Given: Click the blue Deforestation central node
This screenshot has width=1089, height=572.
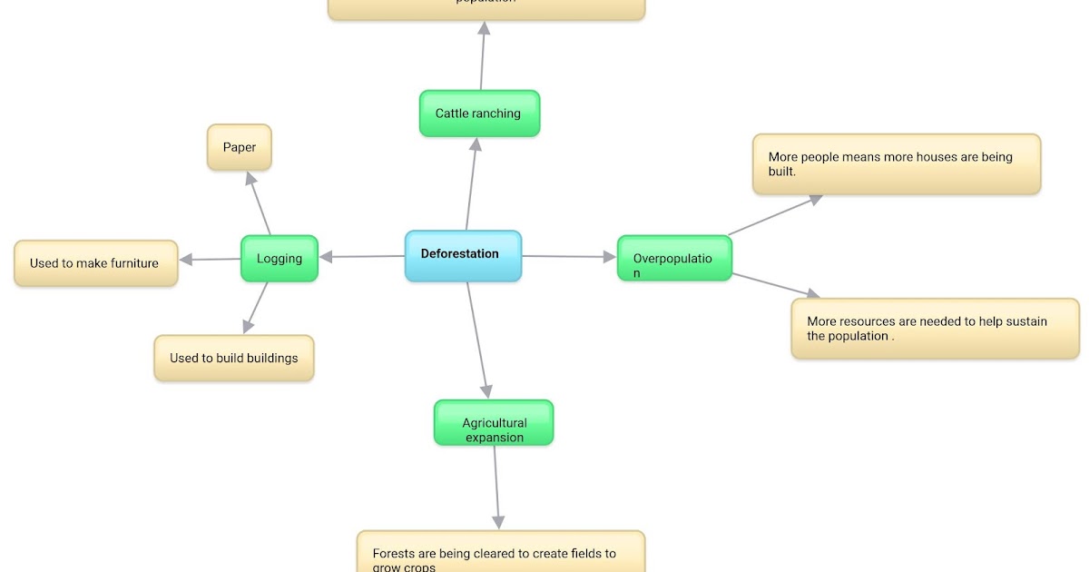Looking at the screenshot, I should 463,255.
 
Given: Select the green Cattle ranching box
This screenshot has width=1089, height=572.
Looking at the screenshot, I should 479,113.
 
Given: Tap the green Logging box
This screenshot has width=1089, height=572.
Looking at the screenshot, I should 279,259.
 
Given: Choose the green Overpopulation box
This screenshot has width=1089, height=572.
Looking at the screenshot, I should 673,259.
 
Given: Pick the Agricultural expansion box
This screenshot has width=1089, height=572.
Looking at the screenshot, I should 494,423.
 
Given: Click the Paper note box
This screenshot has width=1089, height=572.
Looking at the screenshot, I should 240,147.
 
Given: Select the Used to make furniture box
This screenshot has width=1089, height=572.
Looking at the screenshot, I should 95,263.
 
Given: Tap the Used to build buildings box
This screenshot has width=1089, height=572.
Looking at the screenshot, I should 233,358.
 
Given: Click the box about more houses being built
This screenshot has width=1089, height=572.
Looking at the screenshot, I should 896,163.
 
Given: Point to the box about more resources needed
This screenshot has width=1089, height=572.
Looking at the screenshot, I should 935,328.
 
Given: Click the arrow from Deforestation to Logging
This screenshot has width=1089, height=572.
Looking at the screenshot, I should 363,257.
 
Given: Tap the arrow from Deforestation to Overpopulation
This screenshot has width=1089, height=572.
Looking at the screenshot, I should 570,257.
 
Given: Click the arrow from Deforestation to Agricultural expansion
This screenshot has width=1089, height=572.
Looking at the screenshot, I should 478,340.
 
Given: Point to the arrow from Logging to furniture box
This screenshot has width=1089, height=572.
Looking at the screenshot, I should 211,260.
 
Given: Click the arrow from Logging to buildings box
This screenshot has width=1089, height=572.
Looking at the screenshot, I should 256,307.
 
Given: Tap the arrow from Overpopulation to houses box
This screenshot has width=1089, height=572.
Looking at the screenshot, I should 776,215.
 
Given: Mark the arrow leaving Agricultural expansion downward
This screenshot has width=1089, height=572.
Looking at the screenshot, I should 496,487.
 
